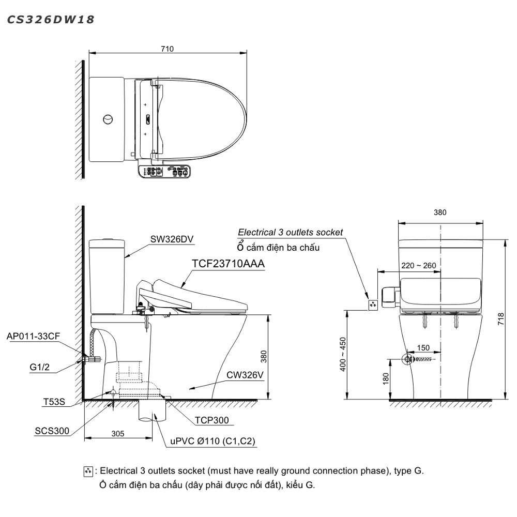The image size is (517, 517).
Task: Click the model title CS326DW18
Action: pyautogui.click(x=51, y=20)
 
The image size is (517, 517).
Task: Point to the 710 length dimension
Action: pyautogui.click(x=167, y=49)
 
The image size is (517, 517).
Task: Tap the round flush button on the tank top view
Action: pyautogui.click(x=108, y=119)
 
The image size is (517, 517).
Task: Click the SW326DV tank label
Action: pyautogui.click(x=172, y=239)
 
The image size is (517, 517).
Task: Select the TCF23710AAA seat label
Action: pyautogui.click(x=228, y=264)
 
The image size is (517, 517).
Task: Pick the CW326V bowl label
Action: pyautogui.click(x=245, y=375)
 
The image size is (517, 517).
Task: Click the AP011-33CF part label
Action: pyautogui.click(x=33, y=336)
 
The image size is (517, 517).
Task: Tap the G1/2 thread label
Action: pyautogui.click(x=40, y=367)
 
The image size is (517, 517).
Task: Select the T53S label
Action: pyautogui.click(x=54, y=402)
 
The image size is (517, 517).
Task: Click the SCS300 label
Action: pyautogui.click(x=52, y=431)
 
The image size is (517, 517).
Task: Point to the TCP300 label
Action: pyautogui.click(x=211, y=420)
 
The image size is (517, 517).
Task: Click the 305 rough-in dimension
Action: pyautogui.click(x=118, y=434)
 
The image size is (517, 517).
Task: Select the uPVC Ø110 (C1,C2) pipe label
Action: pyautogui.click(x=212, y=441)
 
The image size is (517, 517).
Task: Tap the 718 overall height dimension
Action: pyautogui.click(x=500, y=319)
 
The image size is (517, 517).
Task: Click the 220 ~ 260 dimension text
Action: pyautogui.click(x=419, y=265)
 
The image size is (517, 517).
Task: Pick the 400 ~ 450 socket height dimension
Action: pyautogui.click(x=343, y=354)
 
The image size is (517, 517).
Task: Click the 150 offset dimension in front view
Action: pyautogui.click(x=423, y=347)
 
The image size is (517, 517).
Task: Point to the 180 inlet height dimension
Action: pyautogui.click(x=386, y=378)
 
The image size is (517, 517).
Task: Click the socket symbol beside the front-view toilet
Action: pyautogui.click(x=373, y=305)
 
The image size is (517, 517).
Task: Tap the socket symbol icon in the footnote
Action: pyautogui.click(x=88, y=472)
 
